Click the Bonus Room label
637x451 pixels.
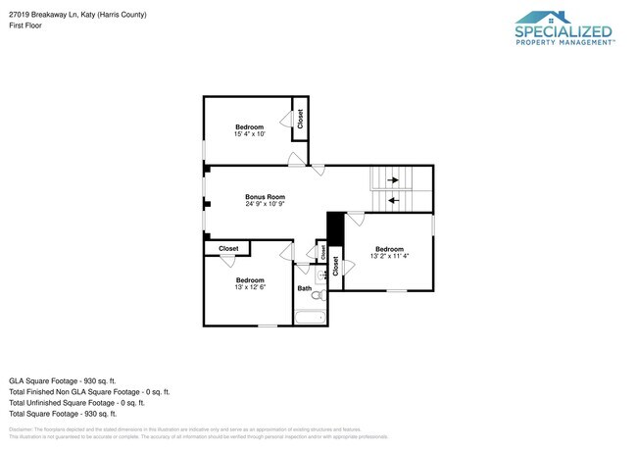tap(265, 196)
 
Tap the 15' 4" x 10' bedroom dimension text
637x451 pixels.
tap(249, 134)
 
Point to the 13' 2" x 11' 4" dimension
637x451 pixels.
tap(389, 256)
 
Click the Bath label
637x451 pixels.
tap(304, 288)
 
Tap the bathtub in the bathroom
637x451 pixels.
tap(312, 316)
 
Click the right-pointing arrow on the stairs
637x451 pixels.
tap(394, 179)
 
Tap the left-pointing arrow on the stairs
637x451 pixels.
tap(394, 200)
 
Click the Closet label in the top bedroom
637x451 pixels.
tap(300, 119)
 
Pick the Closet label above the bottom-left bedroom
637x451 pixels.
tap(228, 249)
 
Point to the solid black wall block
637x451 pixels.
tap(333, 232)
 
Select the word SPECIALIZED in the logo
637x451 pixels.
tap(564, 31)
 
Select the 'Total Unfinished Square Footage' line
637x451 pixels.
tap(76, 402)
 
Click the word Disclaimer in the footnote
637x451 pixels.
tap(24, 429)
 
